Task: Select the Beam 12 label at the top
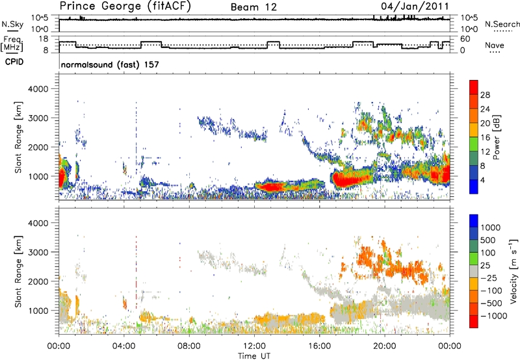click(x=253, y=6)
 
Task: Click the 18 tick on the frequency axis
click(x=45, y=39)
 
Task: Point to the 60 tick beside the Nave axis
click(x=467, y=39)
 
